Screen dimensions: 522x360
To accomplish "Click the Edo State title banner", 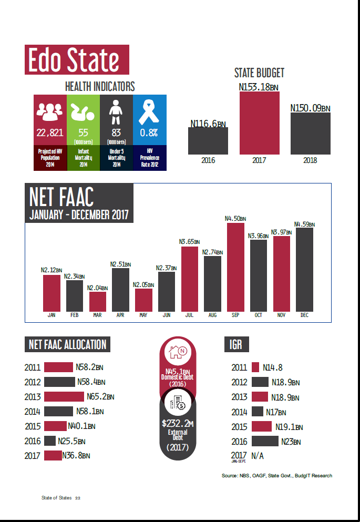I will [x=77, y=59].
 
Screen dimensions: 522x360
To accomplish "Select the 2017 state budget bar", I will [x=259, y=123].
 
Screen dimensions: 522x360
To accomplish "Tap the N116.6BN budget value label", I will [x=208, y=124].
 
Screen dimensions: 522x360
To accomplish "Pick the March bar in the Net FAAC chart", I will [x=97, y=301].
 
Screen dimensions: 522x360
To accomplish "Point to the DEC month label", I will [x=304, y=315].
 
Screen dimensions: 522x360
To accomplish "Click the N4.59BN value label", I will [x=304, y=224].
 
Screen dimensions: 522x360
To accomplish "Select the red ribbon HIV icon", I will [x=149, y=112].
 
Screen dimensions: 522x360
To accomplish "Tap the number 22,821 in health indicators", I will [x=50, y=132].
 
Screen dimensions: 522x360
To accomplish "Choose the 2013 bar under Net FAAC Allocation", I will [x=64, y=396].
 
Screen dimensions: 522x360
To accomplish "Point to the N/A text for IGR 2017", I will [x=257, y=455].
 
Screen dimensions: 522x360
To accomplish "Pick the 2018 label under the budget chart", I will [x=310, y=160].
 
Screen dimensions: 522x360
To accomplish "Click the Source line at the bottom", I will [x=276, y=476].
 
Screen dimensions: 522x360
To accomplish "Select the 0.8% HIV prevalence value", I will [x=149, y=132].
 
